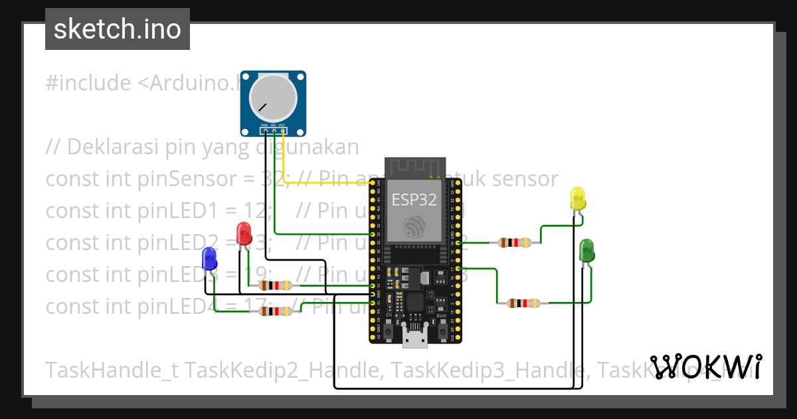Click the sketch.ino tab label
point(118,29)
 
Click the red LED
point(244,233)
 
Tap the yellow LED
point(578,199)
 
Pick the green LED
point(587,250)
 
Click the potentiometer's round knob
point(272,98)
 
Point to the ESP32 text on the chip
point(414,200)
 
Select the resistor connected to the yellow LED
point(515,243)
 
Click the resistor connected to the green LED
point(523,303)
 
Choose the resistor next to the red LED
point(275,286)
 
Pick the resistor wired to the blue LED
point(275,311)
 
